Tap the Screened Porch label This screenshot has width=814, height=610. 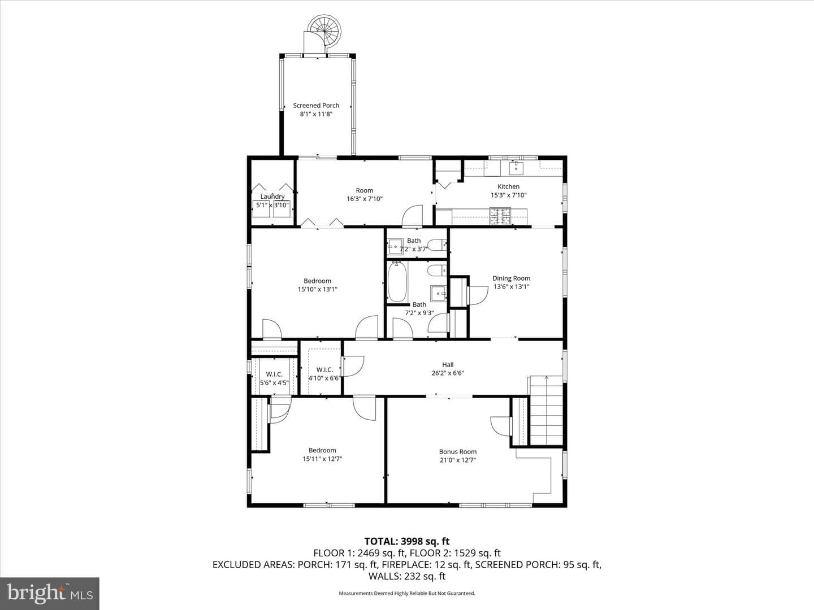(x=316, y=106)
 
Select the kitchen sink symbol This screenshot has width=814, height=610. (x=516, y=168)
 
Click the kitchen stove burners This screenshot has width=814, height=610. (x=500, y=216)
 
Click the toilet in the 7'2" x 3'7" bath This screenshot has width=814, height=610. (x=437, y=245)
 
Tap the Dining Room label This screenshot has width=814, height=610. (x=511, y=278)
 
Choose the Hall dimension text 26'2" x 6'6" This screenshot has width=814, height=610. (x=448, y=373)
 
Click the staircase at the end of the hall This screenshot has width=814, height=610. (x=546, y=411)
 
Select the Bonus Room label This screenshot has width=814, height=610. (x=458, y=451)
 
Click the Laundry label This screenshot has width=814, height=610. (x=272, y=197)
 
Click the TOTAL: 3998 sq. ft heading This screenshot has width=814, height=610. (x=407, y=541)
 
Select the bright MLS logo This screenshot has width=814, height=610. (x=50, y=594)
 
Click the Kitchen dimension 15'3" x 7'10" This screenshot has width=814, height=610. (x=508, y=195)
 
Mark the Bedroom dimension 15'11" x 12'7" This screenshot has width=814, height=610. (x=322, y=459)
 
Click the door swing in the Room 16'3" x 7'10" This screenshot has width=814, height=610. (x=413, y=215)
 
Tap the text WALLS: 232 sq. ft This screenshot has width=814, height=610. (x=407, y=576)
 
